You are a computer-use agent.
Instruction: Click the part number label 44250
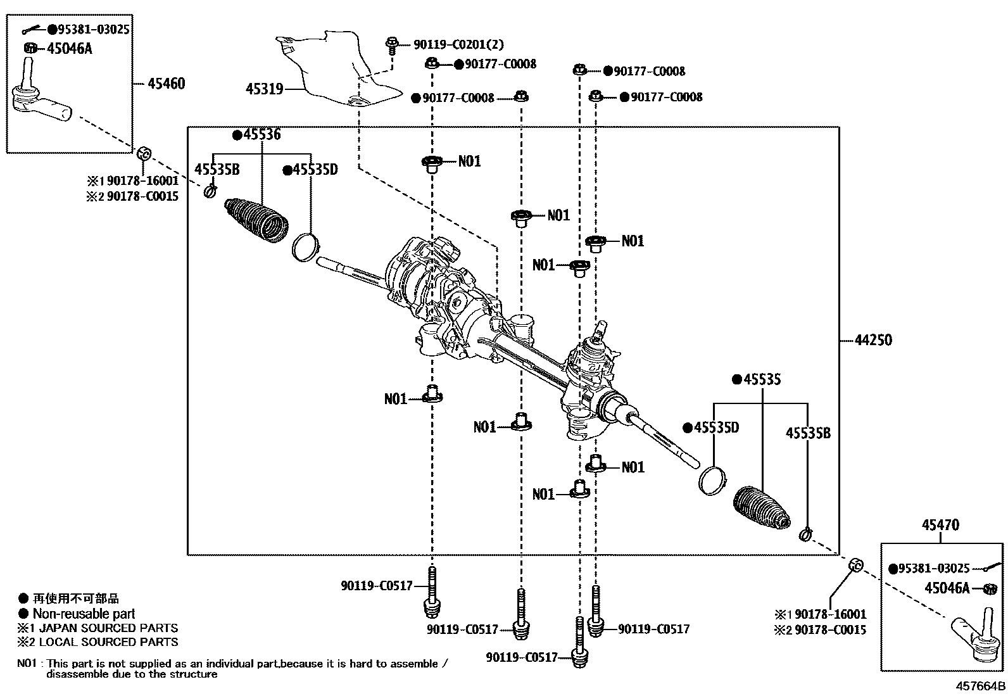coord(873,340)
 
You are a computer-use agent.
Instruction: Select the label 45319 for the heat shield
coord(264,89)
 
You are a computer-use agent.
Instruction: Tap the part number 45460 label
coord(166,84)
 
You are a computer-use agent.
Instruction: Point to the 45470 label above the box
coord(940,525)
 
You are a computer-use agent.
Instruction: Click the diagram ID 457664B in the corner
coord(980,686)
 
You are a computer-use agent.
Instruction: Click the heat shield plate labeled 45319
coord(342,70)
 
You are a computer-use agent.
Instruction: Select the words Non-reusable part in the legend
coord(84,614)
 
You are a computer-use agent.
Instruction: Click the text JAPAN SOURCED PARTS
coord(108,628)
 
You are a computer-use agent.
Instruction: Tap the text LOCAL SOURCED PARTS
coord(108,642)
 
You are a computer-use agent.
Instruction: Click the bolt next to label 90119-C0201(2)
coord(391,46)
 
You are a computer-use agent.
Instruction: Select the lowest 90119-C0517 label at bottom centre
coord(522,658)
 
